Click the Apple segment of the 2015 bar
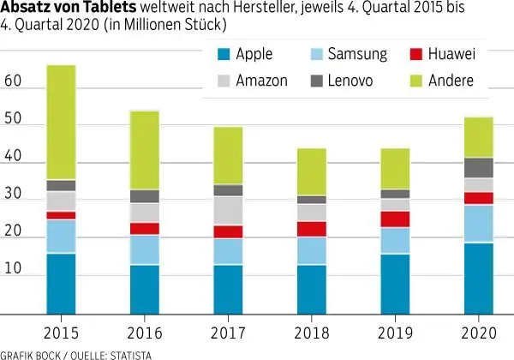(x=62, y=283)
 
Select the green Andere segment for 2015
(x=62, y=123)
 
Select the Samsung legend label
(x=357, y=55)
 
